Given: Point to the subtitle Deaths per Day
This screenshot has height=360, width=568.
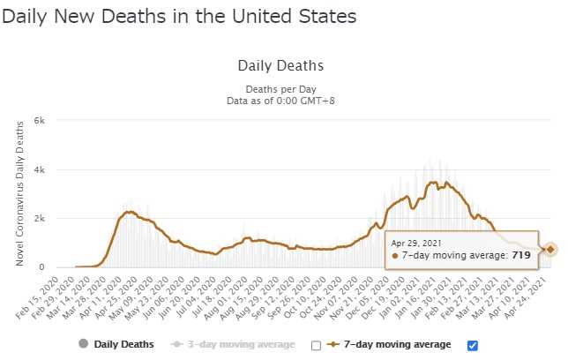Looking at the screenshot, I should (x=281, y=89).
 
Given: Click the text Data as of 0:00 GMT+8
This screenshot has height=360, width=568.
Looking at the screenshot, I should (x=281, y=101).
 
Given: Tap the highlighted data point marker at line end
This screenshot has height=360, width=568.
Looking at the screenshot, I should (x=550, y=250).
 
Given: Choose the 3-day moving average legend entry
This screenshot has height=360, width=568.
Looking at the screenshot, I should (x=233, y=344).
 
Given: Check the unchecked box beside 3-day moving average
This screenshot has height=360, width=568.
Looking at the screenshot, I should (x=316, y=345).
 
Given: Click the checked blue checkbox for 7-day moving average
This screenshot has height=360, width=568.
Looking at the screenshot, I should (x=472, y=345).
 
